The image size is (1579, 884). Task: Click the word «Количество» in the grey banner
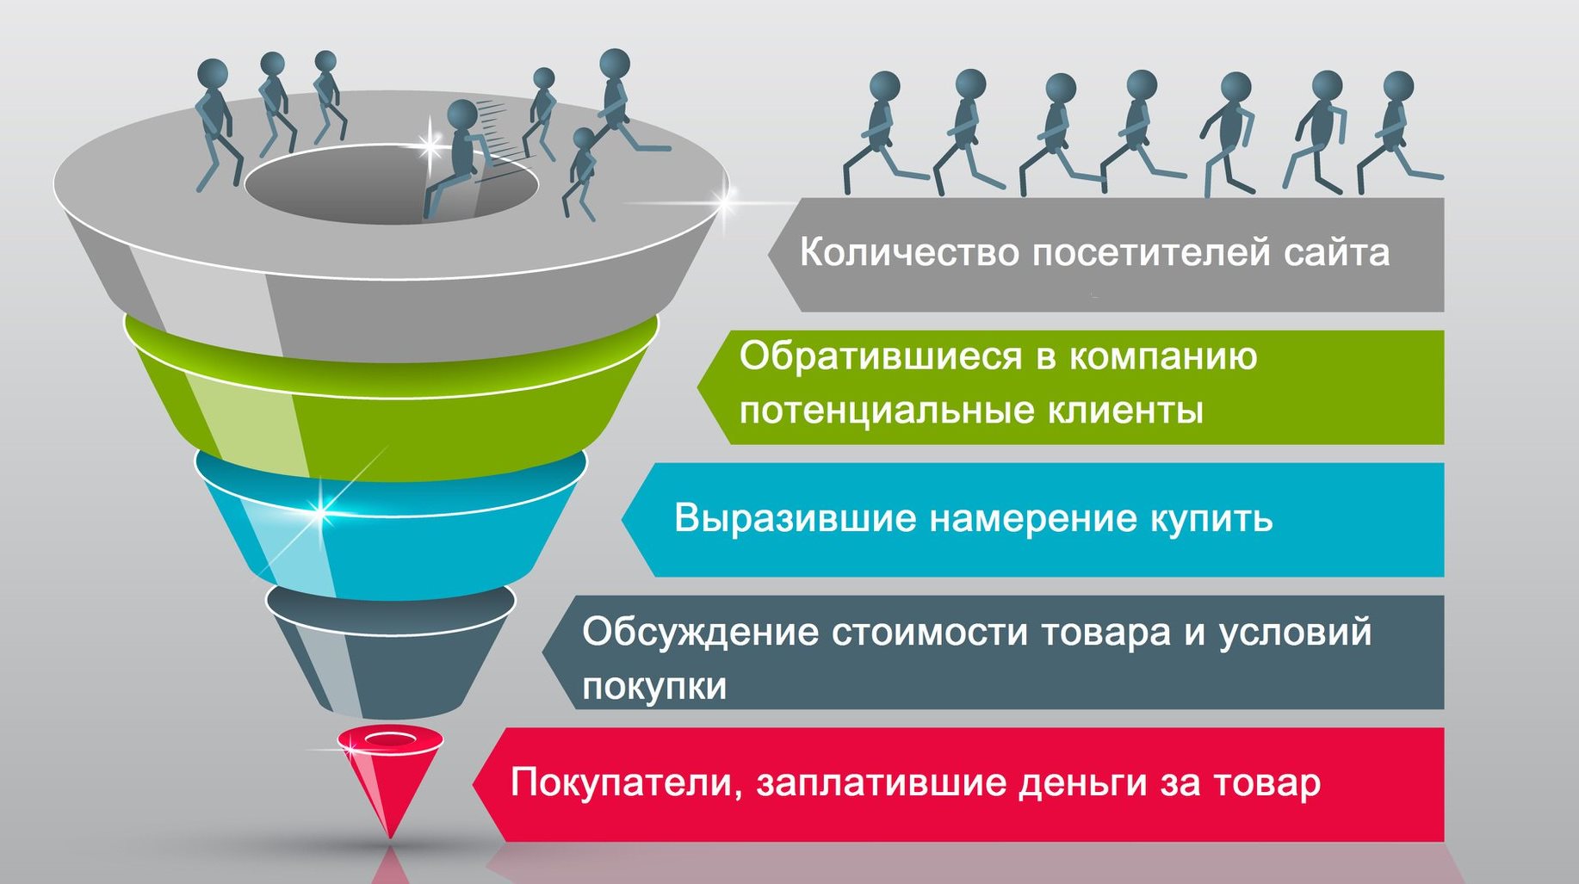point(909,252)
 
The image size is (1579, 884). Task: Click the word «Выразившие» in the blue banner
point(794,519)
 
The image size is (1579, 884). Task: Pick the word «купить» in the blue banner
point(1211,519)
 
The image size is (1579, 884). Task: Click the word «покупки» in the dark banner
point(654,687)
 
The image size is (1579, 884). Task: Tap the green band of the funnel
point(391,405)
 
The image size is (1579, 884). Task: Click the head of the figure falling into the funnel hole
point(462,115)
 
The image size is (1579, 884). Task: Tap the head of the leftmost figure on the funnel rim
point(212,73)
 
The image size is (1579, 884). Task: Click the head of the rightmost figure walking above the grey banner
point(1397,87)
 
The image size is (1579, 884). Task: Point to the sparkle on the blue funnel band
point(320,513)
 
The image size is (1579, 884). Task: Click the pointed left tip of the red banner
point(474,784)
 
